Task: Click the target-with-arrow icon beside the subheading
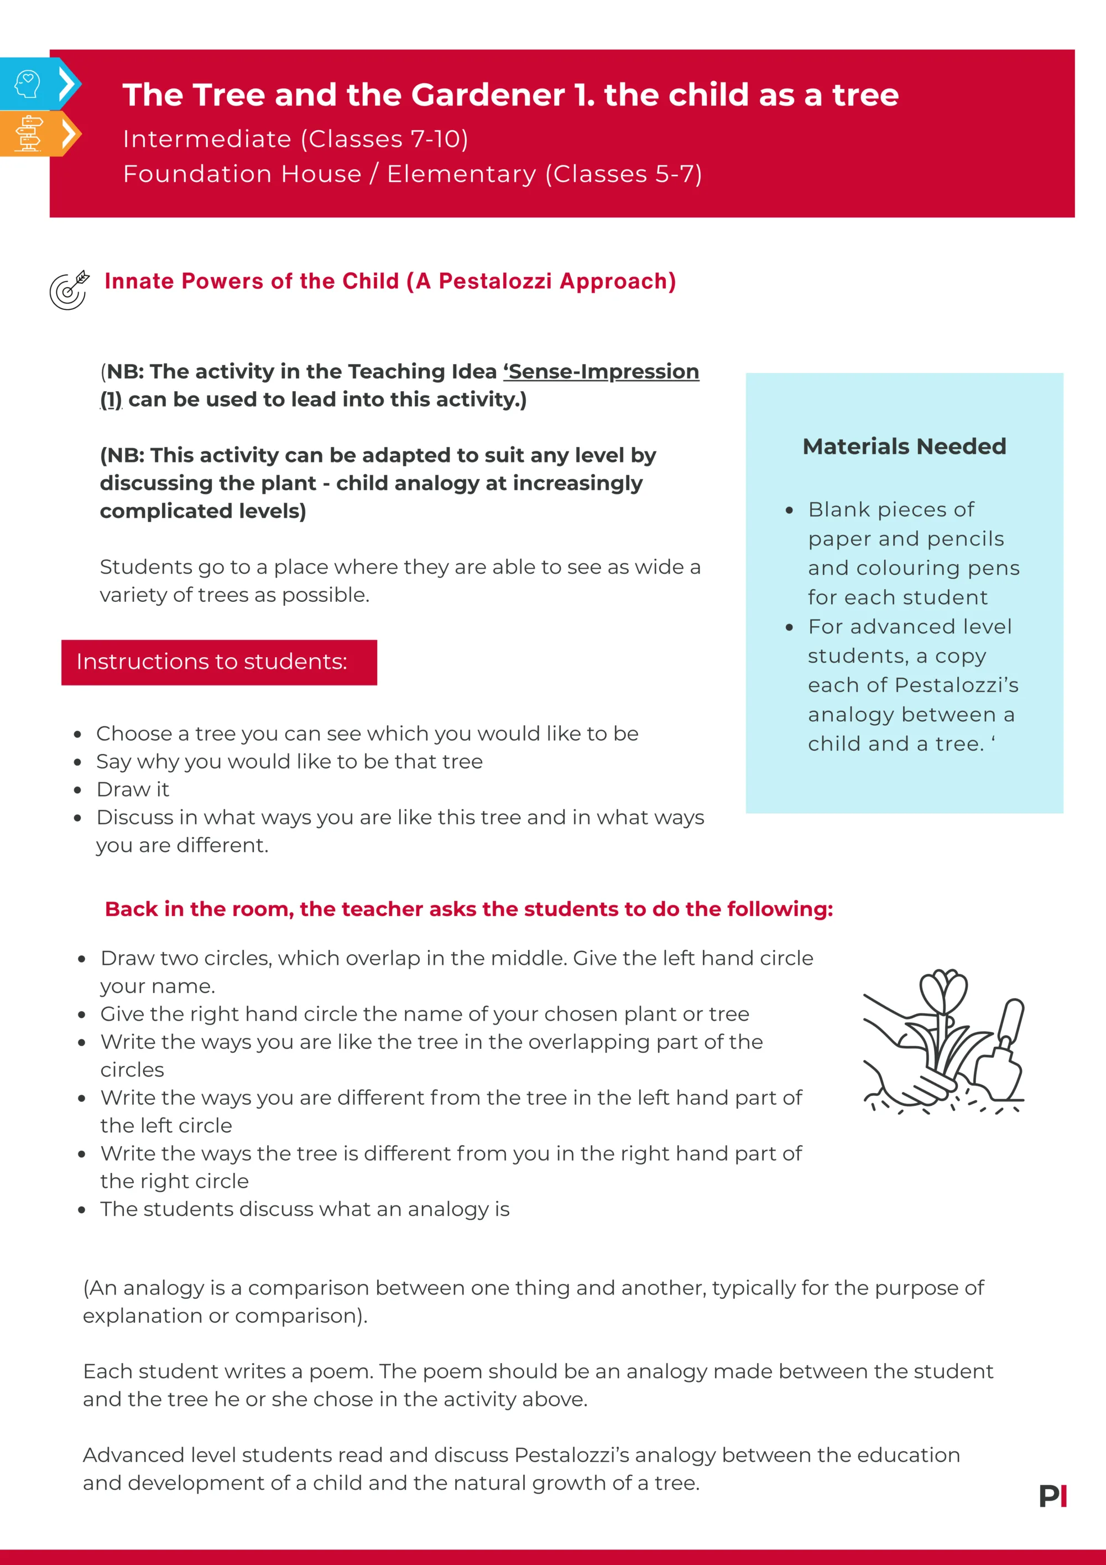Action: tap(69, 290)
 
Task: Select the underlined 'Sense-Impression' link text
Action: tap(603, 372)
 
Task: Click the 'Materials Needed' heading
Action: tap(904, 446)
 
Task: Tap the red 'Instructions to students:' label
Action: tap(212, 662)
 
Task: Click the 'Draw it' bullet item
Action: tap(133, 789)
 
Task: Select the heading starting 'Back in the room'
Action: tap(469, 909)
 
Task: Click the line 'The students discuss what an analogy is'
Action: tap(305, 1209)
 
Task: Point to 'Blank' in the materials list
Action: tap(833, 510)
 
